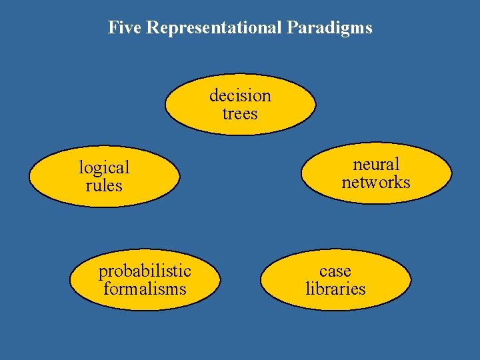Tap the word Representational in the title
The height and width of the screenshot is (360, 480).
[x=215, y=28]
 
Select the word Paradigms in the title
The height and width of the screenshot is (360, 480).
[x=330, y=28]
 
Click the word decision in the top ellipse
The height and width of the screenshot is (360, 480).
[x=240, y=95]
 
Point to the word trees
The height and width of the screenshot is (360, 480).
[x=240, y=113]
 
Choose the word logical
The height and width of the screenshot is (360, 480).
[x=104, y=167]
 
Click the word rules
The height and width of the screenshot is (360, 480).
[x=104, y=185]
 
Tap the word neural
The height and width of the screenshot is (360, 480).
[x=376, y=164]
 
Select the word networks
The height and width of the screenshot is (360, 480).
[x=376, y=182]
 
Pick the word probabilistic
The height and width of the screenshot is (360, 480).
[x=145, y=271]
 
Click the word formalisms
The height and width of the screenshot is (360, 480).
[x=145, y=289]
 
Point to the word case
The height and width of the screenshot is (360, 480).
[x=335, y=271]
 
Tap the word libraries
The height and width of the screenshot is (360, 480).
[x=335, y=289]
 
